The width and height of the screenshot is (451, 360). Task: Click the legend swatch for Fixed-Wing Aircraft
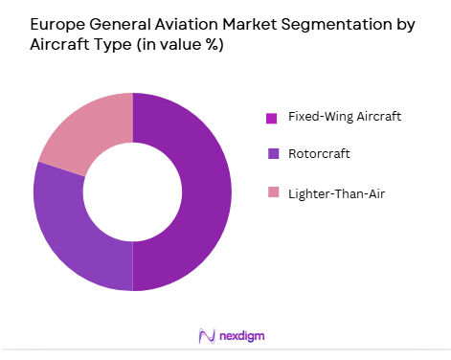(272, 118)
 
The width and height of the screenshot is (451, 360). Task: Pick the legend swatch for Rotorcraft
(272, 154)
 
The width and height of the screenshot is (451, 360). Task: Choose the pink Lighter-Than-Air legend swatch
(272, 192)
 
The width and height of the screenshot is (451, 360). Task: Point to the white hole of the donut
(132, 191)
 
